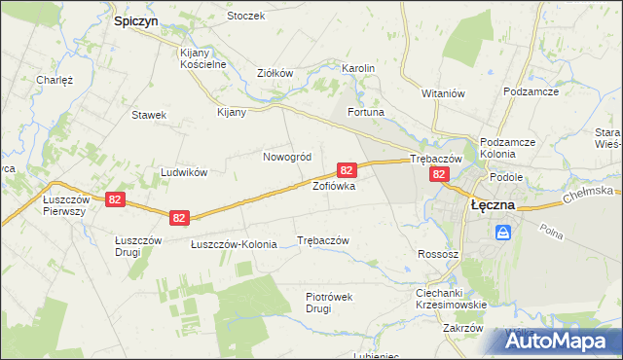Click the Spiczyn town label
click(x=135, y=19)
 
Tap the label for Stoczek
click(x=245, y=17)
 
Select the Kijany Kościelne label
click(x=203, y=58)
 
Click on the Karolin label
click(x=357, y=68)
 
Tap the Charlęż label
click(x=55, y=80)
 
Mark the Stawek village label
click(x=149, y=115)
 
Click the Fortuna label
click(x=367, y=113)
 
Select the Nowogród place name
click(x=287, y=157)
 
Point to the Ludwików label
click(x=184, y=172)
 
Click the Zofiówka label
click(x=333, y=185)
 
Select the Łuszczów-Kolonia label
click(x=234, y=243)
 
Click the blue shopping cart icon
click(x=503, y=234)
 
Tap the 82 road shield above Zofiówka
click(x=346, y=170)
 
